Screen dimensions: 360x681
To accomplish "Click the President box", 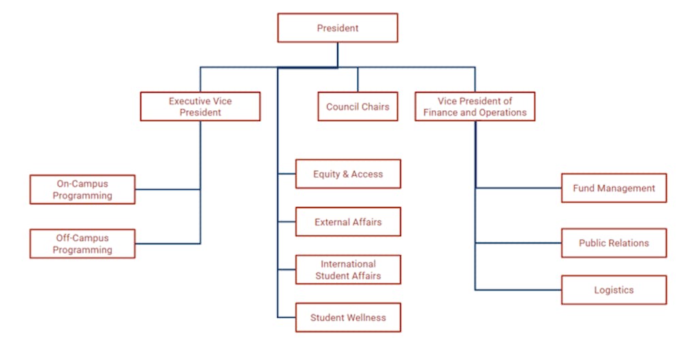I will [x=337, y=28].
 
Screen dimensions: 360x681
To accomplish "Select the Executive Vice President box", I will [x=200, y=107].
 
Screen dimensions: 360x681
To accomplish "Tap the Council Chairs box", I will [x=358, y=107].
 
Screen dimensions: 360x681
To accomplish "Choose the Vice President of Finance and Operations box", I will [x=475, y=107].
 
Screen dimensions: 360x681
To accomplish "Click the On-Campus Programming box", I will [x=82, y=189].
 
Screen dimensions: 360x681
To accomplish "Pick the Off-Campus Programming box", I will [x=82, y=244].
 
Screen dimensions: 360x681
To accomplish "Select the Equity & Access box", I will [x=348, y=174].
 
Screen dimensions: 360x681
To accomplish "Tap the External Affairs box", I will [x=348, y=222].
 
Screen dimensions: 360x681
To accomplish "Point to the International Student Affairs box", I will [x=348, y=269].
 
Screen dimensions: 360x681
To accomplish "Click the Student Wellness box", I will [x=348, y=317].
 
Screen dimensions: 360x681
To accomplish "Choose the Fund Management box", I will [x=614, y=188].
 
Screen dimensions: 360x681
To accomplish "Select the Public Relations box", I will [x=614, y=243].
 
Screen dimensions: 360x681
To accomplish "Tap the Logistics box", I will [x=614, y=290].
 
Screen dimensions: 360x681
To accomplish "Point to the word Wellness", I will [x=366, y=318].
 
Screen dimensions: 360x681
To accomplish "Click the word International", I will [x=348, y=264].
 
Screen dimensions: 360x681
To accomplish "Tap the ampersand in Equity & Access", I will [x=344, y=174].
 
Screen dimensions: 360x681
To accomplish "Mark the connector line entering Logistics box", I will [x=518, y=290].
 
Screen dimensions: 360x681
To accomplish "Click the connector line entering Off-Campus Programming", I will [x=167, y=244].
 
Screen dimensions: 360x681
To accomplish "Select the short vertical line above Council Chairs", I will [x=358, y=80].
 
